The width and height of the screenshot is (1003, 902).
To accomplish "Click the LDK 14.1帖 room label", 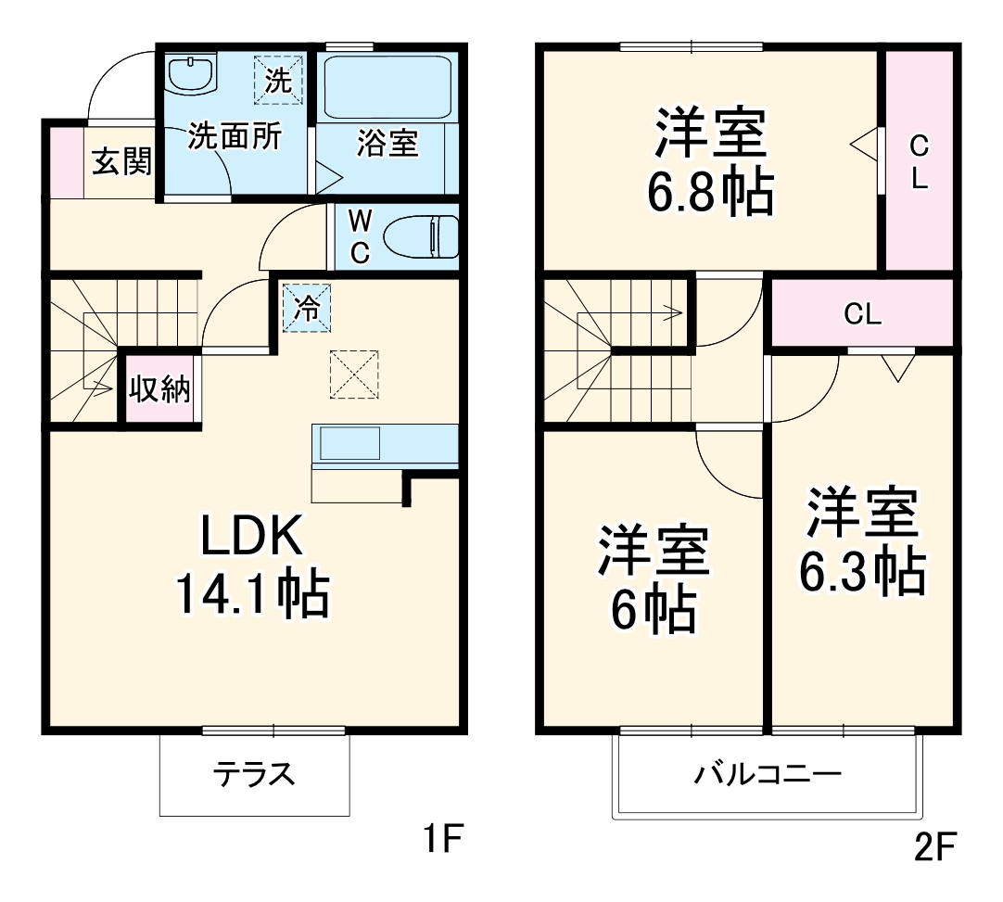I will point(252,565).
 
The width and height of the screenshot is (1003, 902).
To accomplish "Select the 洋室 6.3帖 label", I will point(862,541).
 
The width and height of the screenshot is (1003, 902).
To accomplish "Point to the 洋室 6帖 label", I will point(654,578).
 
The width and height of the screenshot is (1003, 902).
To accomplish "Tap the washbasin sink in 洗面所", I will point(191,74).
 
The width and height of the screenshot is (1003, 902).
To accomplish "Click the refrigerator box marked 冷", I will point(305,307).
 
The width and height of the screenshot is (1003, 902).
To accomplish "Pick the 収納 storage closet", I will point(159,390).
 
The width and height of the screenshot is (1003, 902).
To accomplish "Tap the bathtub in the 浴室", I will point(388,86).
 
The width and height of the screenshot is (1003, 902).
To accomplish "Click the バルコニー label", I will point(768,773).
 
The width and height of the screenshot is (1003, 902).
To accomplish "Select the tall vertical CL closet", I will point(919,161).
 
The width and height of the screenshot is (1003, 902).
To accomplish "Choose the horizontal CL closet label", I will point(862,315).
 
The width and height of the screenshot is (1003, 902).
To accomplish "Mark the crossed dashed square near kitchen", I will point(354,374).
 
